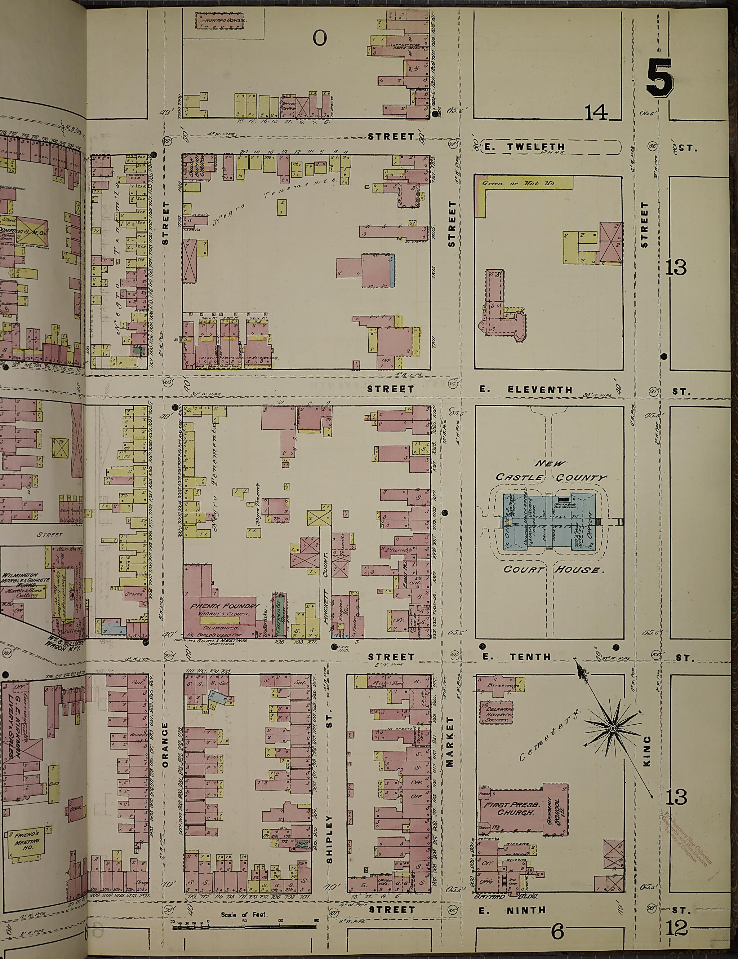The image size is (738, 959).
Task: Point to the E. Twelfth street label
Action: [x=525, y=147]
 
